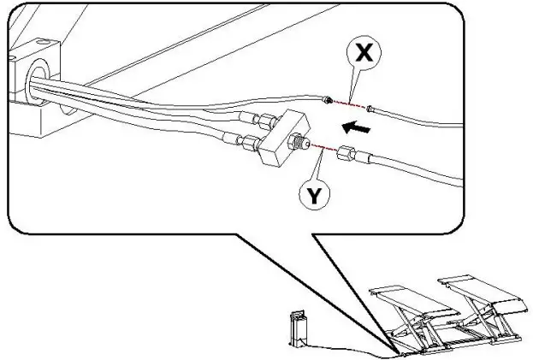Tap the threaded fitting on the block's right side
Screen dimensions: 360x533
coord(300,143)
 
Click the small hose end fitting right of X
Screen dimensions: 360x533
coord(370,109)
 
